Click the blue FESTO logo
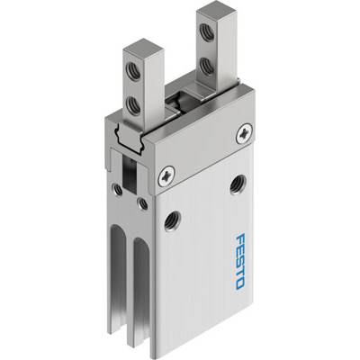[x=240, y=262]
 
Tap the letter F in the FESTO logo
[x=241, y=239]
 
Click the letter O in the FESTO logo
[x=240, y=283]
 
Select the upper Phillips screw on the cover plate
[x=244, y=134]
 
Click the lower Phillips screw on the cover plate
[x=166, y=176]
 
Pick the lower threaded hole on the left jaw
[x=133, y=104]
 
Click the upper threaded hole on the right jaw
[x=207, y=32]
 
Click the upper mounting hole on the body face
[x=238, y=184]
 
